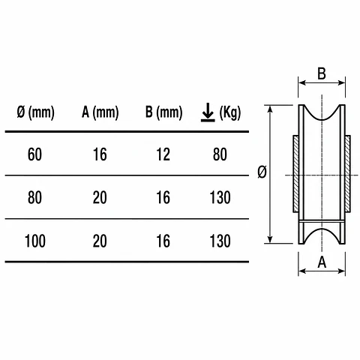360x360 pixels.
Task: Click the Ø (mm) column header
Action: tap(35, 112)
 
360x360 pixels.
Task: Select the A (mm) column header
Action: tap(100, 112)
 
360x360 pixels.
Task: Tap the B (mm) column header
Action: tap(164, 112)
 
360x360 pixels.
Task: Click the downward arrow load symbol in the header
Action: tap(208, 112)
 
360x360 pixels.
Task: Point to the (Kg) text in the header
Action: tap(230, 113)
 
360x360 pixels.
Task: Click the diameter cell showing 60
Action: tap(34, 154)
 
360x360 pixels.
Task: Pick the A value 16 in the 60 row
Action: tap(100, 154)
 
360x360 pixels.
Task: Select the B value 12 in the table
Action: tap(163, 154)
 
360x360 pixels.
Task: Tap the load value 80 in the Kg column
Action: tap(220, 154)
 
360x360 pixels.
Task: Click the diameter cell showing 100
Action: tap(35, 241)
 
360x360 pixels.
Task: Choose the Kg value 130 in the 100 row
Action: tap(220, 241)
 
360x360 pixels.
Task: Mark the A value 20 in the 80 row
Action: tap(100, 197)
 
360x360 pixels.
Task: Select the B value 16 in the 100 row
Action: tap(163, 241)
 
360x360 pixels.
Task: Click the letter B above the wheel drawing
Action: tap(322, 73)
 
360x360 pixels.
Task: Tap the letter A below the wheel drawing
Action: tap(322, 262)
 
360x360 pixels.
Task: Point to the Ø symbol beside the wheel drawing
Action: tap(262, 172)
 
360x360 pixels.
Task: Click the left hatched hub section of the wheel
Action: tap(296, 174)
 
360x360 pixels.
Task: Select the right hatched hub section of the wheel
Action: tap(347, 174)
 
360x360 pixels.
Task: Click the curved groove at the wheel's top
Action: tap(322, 119)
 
